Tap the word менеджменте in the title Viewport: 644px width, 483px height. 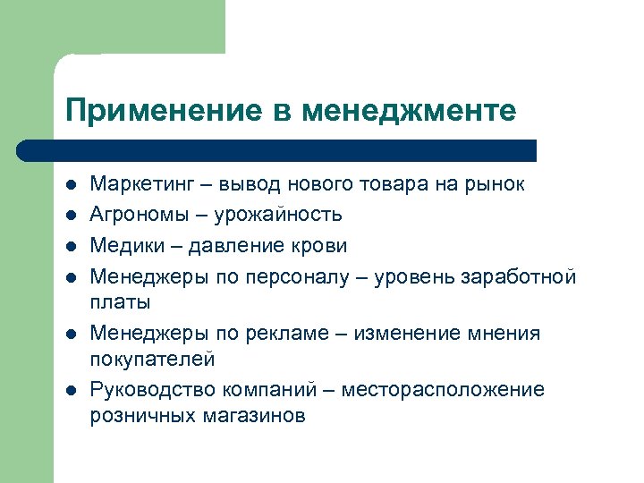[410, 111]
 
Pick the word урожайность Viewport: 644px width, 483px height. [284, 215]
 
